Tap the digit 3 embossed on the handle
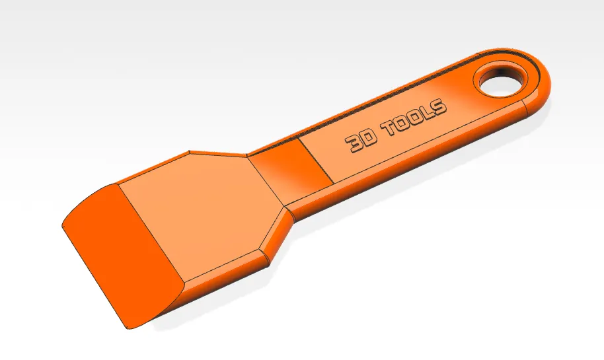click(354, 144)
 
